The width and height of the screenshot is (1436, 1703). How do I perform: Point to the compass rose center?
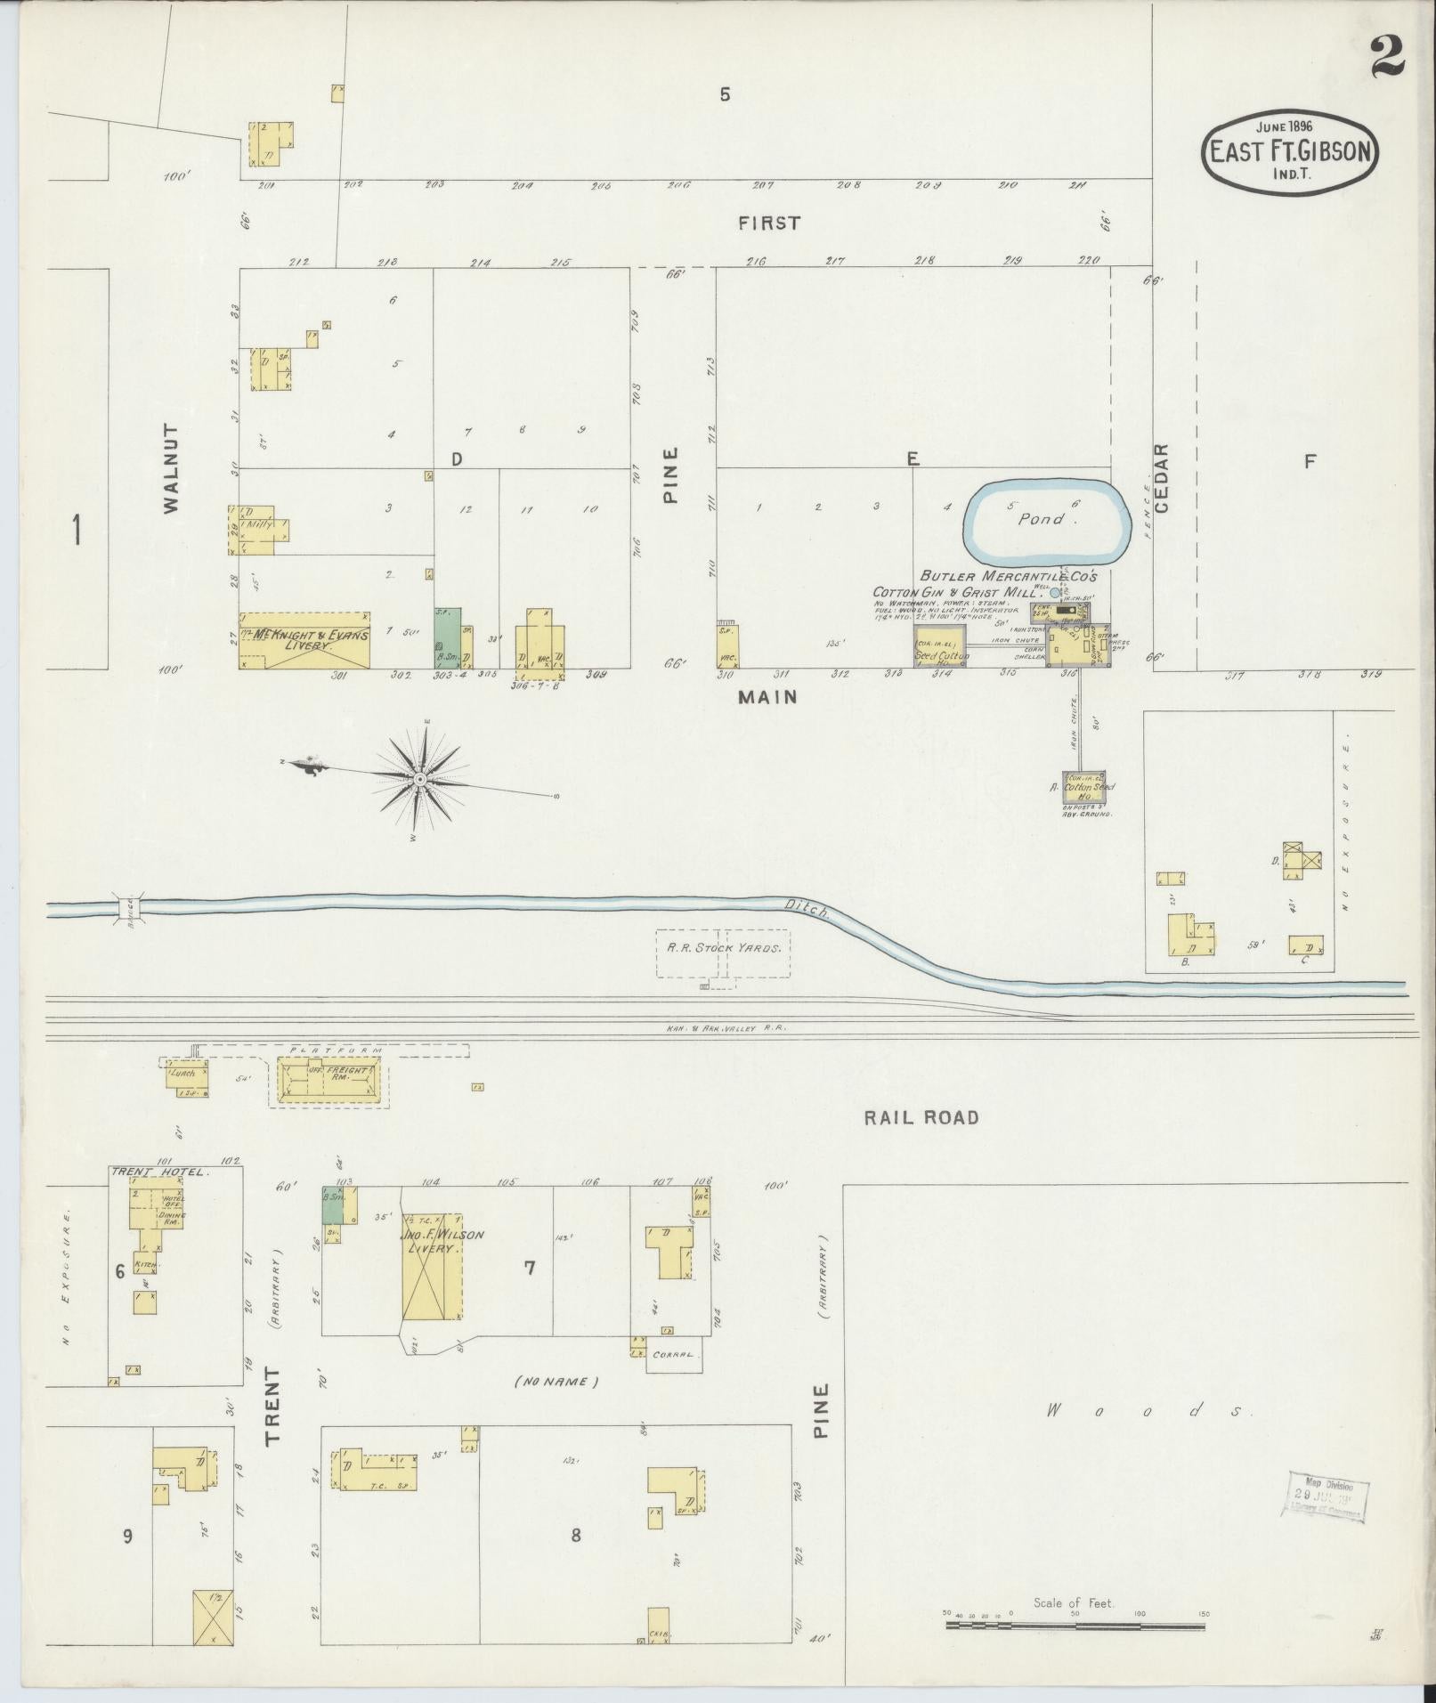click(x=419, y=779)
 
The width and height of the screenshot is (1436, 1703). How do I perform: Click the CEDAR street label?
click(x=1163, y=477)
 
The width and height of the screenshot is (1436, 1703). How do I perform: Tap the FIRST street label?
click(x=769, y=223)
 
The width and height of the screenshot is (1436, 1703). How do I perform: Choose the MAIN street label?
click(x=767, y=698)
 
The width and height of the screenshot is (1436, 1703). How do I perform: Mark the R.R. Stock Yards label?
click(x=724, y=948)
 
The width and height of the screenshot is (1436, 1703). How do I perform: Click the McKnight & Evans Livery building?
click(x=304, y=641)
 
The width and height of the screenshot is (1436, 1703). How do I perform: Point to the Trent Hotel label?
click(x=160, y=1172)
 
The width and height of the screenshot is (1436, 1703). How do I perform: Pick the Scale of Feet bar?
click(x=1075, y=1626)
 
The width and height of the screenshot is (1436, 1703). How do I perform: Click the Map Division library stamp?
click(x=1326, y=1496)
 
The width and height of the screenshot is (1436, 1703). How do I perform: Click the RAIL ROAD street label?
click(x=921, y=1117)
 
